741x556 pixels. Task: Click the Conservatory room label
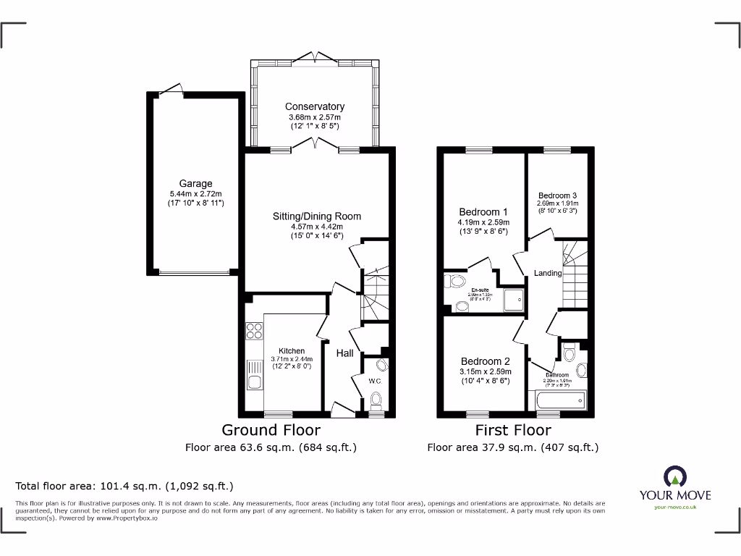tap(314, 106)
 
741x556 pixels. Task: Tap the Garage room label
tap(195, 184)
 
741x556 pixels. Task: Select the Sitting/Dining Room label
tap(316, 216)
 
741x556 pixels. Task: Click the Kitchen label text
tap(292, 351)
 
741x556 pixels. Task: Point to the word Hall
tap(344, 353)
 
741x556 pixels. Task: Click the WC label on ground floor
tap(374, 381)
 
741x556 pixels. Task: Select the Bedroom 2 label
tap(486, 361)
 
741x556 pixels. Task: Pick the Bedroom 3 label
tap(557, 195)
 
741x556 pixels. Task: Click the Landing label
tap(548, 273)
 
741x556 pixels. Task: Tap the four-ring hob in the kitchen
tap(255, 331)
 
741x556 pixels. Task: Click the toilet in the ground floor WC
tap(375, 399)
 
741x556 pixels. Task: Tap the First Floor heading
tap(512, 431)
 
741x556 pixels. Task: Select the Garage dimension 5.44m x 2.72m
tap(195, 194)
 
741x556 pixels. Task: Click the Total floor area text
tap(124, 486)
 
